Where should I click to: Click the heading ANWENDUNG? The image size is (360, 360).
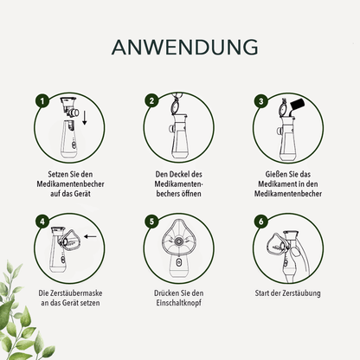[x=179, y=46]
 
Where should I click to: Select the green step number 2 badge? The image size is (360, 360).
[x=151, y=100]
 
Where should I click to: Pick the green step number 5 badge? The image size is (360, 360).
[x=151, y=221]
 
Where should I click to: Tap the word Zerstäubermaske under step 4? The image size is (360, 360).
[x=72, y=294]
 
